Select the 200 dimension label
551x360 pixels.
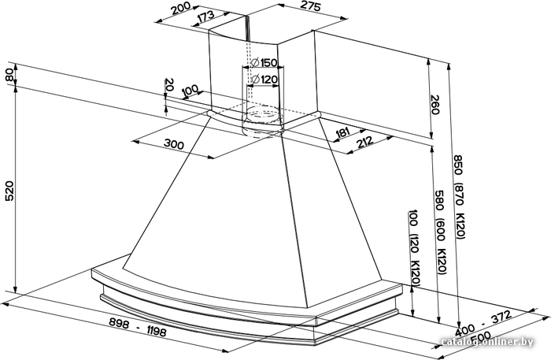click(181, 9)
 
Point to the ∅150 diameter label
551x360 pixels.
click(264, 63)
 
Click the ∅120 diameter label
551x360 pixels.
click(264, 80)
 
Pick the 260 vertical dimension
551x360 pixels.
click(435, 105)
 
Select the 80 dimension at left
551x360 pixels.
click(9, 76)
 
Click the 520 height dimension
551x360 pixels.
click(9, 191)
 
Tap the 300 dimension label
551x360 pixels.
click(174, 143)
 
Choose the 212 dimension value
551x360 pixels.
click(364, 143)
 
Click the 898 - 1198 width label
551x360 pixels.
click(138, 327)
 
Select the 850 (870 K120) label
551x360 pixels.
click(460, 197)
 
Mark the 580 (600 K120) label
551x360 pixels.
click(441, 232)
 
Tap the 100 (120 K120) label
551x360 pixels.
click(415, 247)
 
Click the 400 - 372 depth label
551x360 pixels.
click(483, 323)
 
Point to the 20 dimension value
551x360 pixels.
click(169, 85)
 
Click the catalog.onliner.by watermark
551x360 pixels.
click(487, 341)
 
